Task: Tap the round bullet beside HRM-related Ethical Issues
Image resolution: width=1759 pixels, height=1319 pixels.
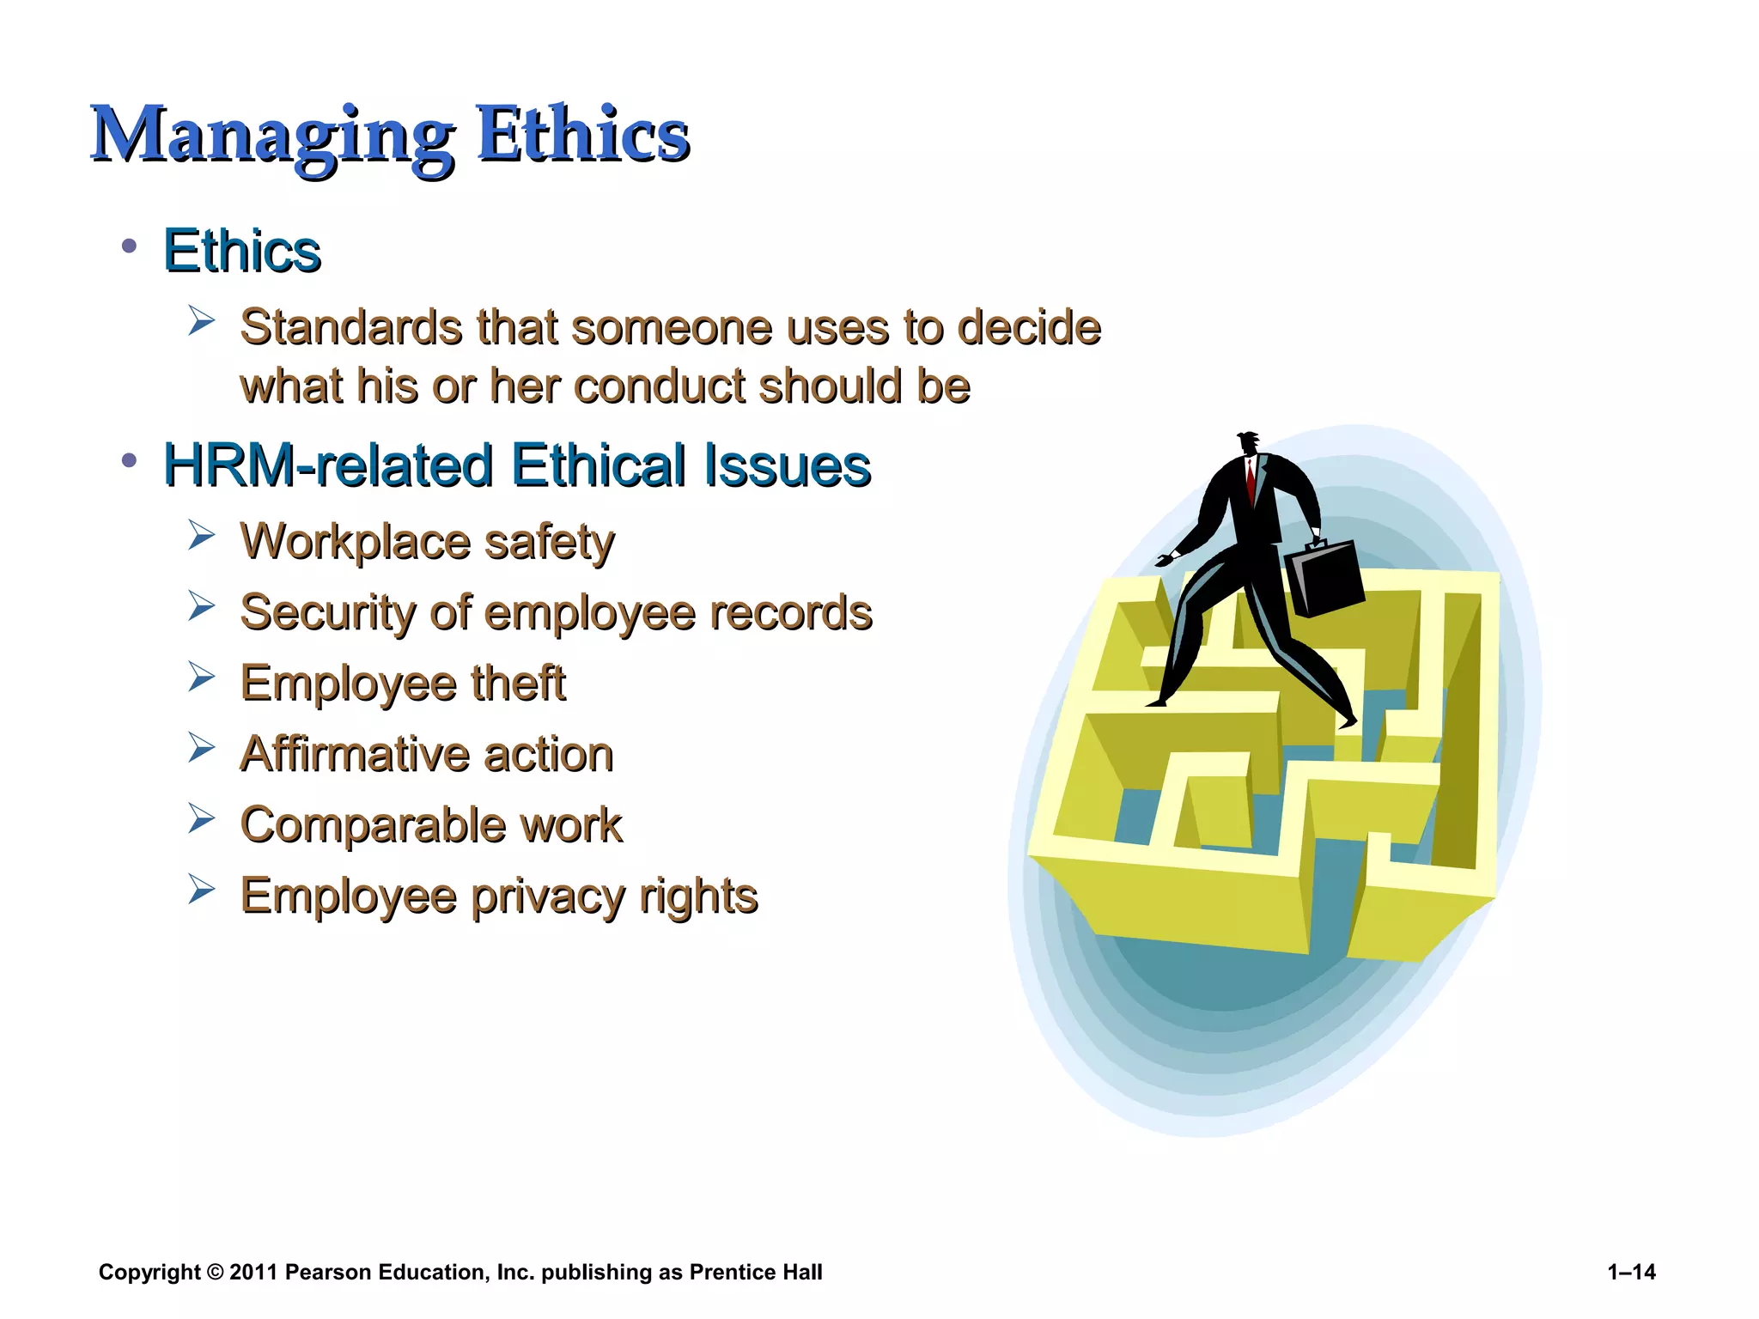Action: point(130,461)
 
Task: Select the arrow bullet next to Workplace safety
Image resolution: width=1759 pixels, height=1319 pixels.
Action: point(201,537)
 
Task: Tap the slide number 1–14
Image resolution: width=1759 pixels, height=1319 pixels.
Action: point(1631,1272)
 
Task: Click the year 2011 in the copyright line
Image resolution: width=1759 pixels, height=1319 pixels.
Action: point(253,1272)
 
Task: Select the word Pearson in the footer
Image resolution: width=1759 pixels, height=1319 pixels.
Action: point(327,1272)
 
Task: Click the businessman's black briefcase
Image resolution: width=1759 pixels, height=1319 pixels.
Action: point(1324,577)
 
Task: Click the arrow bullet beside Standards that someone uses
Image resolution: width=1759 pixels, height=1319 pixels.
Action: point(201,322)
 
